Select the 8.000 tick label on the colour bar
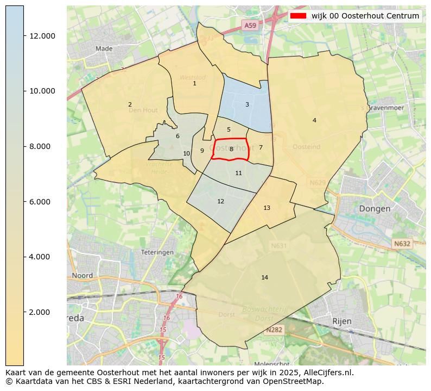tap(42, 146)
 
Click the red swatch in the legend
tap(299, 16)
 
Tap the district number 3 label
tap(247, 104)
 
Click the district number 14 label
tap(264, 278)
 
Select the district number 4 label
tap(314, 120)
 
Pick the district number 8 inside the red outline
tap(231, 149)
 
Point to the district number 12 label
tap(220, 201)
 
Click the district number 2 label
tap(130, 104)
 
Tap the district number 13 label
tap(267, 208)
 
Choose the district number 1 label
tap(194, 83)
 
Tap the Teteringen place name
tap(157, 252)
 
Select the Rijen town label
tap(342, 321)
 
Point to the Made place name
tap(104, 48)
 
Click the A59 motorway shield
tap(250, 26)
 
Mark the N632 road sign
tap(402, 244)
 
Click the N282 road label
tap(274, 330)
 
